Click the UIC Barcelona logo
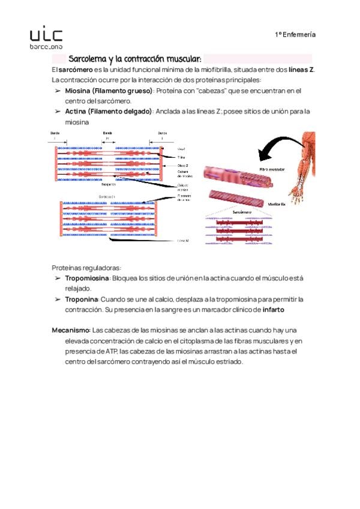point(46,37)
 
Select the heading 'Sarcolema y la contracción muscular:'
point(135,59)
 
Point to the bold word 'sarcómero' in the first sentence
point(76,70)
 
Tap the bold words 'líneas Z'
point(301,70)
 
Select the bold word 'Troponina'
point(81,299)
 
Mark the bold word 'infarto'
point(273,310)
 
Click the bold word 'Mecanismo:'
point(71,331)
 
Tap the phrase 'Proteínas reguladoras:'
point(86,268)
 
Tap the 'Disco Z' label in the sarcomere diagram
point(183,165)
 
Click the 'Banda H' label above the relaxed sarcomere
point(107,135)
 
